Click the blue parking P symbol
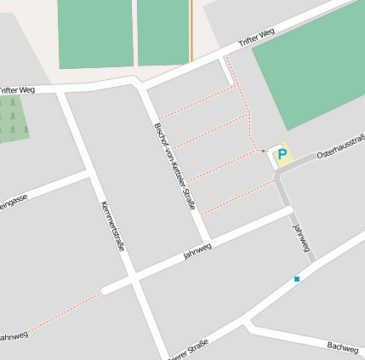[x=282, y=155]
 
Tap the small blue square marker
[x=297, y=278]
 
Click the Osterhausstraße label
[x=340, y=147]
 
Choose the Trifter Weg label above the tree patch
[x=17, y=89]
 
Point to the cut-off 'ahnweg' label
[x=13, y=337]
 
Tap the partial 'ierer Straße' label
[x=188, y=350]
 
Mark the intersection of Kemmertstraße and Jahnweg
[x=134, y=278]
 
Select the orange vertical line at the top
[x=191, y=29]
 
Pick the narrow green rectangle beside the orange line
[x=163, y=31]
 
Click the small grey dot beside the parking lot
[x=264, y=151]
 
